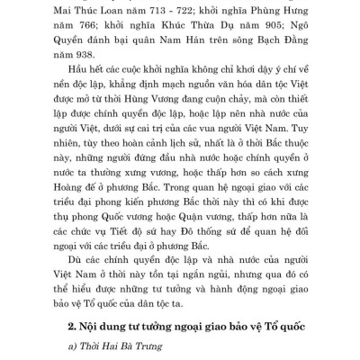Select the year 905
point(236,29)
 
